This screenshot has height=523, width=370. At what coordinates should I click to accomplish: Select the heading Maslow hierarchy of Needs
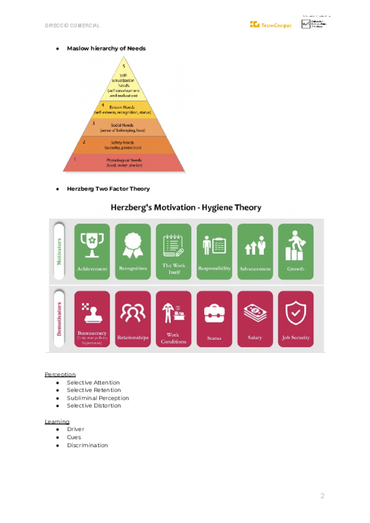coord(106,48)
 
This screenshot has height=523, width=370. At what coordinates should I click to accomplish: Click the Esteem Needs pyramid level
coord(123,110)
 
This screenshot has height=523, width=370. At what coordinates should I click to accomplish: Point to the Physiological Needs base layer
coord(124,163)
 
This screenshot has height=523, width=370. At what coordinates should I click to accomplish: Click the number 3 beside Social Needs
coord(93,123)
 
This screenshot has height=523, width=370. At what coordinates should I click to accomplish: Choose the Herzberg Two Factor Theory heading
coord(108,189)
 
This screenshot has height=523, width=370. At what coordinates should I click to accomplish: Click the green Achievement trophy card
coord(92,251)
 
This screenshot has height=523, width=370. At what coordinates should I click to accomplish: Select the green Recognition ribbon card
coord(133,251)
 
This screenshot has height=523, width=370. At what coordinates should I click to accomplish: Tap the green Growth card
coord(295,251)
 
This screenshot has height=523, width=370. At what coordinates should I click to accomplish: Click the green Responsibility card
coord(215,251)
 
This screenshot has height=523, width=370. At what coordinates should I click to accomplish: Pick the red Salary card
coord(255,319)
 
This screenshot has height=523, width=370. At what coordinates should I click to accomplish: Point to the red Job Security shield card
coord(295,319)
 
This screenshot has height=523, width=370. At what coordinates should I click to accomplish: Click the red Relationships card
coord(133,319)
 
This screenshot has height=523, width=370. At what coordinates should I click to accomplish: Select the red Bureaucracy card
coord(92,319)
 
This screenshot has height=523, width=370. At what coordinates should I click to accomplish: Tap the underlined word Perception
coord(60,374)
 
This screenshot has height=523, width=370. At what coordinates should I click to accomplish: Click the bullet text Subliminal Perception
coord(97,398)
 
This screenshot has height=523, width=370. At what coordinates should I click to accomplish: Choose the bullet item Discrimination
coord(87,445)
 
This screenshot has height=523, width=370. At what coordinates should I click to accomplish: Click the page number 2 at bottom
coord(322,496)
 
